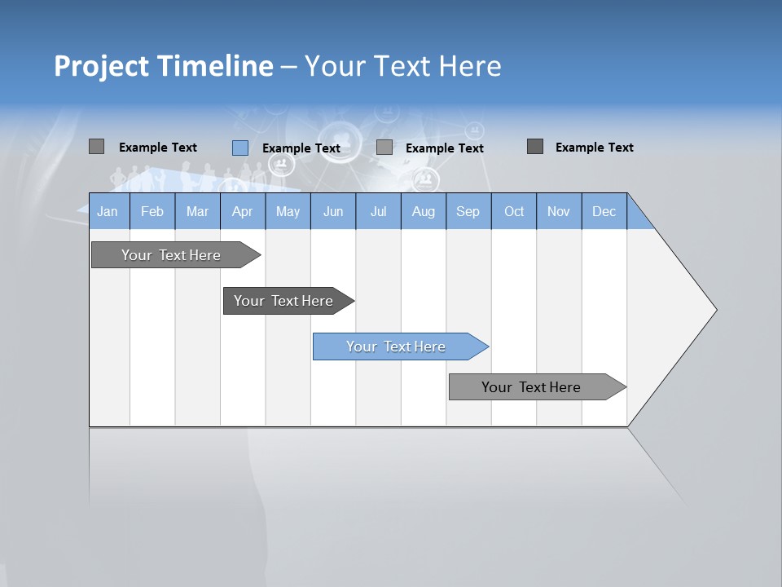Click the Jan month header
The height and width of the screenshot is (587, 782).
tap(108, 211)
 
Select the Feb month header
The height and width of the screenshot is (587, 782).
tap(152, 211)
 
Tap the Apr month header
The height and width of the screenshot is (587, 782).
tap(243, 211)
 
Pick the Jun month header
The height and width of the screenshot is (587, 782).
tap(333, 211)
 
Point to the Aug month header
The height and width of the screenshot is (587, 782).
tap(424, 211)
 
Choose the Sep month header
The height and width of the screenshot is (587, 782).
tap(468, 211)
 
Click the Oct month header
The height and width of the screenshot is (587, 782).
tap(514, 211)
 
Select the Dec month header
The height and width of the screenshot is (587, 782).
tap(604, 211)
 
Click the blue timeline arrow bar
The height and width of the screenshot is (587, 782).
tap(399, 346)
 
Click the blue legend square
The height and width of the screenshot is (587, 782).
tap(240, 148)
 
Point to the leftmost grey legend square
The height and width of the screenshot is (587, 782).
tap(96, 147)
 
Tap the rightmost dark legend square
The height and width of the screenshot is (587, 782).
tap(535, 147)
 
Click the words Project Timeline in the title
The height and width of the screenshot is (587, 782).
tap(163, 66)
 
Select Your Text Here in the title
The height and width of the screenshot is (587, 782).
tap(403, 66)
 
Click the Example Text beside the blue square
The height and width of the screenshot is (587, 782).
tap(301, 148)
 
